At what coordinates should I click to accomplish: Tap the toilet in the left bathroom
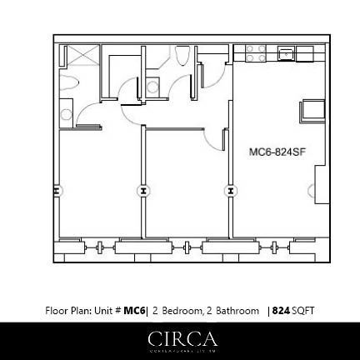click(x=66, y=111)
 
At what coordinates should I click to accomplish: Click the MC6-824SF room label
click(x=274, y=152)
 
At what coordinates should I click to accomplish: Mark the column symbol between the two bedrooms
click(x=142, y=191)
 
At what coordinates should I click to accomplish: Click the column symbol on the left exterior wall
click(x=56, y=191)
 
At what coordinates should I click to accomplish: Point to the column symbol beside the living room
click(x=230, y=191)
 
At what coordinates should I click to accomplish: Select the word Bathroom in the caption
click(x=237, y=311)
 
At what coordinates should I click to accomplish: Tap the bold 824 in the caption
click(x=281, y=311)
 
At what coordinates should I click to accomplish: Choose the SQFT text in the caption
click(x=303, y=311)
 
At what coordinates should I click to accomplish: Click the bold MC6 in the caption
click(x=133, y=311)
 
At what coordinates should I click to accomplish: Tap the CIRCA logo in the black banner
click(x=181, y=338)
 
